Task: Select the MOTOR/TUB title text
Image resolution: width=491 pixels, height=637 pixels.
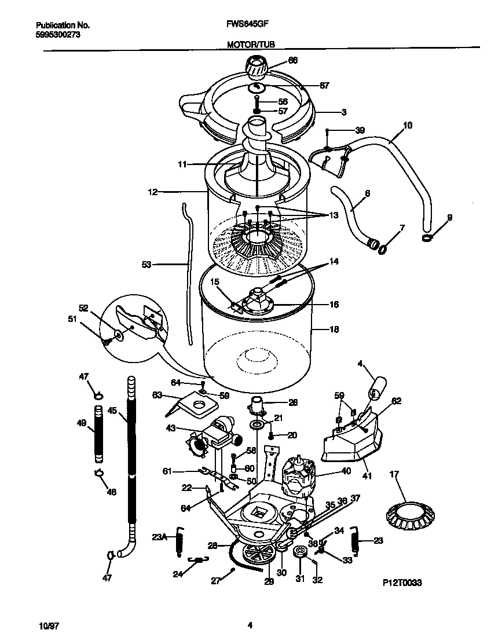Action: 251,44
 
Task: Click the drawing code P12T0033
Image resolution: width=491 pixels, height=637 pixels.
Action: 402,584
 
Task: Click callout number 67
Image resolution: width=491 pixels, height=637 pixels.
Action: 324,85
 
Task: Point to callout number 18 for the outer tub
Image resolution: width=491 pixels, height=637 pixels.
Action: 334,330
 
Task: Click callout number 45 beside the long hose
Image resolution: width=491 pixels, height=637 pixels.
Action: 112,411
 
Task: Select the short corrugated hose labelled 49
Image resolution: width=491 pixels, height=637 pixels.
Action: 98,434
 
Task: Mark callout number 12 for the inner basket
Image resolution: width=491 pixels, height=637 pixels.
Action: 152,192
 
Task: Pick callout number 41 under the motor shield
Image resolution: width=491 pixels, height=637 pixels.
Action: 367,476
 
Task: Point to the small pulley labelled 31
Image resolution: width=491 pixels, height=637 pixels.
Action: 300,552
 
